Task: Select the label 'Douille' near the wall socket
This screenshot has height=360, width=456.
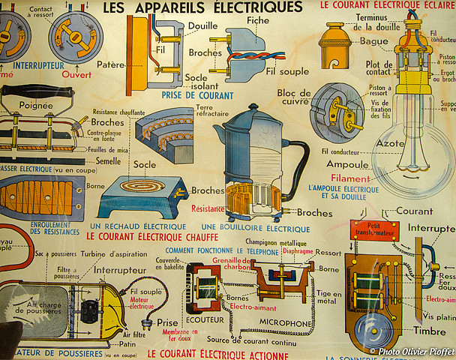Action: (x=203, y=25)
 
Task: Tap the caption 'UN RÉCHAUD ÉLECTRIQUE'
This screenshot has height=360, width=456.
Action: (x=137, y=226)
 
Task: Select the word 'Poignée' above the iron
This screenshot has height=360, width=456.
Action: (x=36, y=106)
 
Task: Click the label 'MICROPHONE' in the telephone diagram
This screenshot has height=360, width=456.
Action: (x=285, y=323)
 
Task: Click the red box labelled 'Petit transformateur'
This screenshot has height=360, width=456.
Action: (x=375, y=229)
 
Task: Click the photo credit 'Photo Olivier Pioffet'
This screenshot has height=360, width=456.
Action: (x=412, y=350)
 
